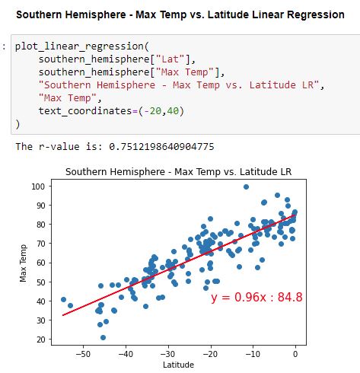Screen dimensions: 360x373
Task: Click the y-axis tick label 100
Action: pyautogui.click(x=38, y=186)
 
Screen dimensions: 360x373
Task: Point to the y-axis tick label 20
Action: pyautogui.click(x=41, y=340)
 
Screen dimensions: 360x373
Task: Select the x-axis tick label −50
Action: pyautogui.click(x=83, y=354)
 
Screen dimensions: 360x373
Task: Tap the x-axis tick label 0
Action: pyautogui.click(x=295, y=354)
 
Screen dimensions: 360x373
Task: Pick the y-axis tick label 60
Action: pyautogui.click(x=41, y=263)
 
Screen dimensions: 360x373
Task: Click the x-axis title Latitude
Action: pyautogui.click(x=178, y=365)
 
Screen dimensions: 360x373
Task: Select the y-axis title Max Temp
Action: pyautogui.click(x=23, y=263)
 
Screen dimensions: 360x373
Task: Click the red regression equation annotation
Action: pyautogui.click(x=256, y=297)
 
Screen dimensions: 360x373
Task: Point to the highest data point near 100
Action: pyautogui.click(x=246, y=186)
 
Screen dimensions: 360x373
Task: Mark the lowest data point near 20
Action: pyautogui.click(x=103, y=337)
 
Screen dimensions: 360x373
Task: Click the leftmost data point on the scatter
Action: pyautogui.click(x=63, y=299)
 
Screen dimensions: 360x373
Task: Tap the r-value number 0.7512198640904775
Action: pyautogui.click(x=161, y=147)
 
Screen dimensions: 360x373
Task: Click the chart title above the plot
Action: pyautogui.click(x=179, y=172)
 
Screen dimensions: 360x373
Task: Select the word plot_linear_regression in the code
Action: pyautogui.click(x=79, y=46)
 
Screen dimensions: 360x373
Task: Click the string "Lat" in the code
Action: pyautogui.click(x=170, y=59)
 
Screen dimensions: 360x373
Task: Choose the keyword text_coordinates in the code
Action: pyautogui.click(x=85, y=111)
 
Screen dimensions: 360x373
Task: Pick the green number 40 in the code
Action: pyautogui.click(x=173, y=111)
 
